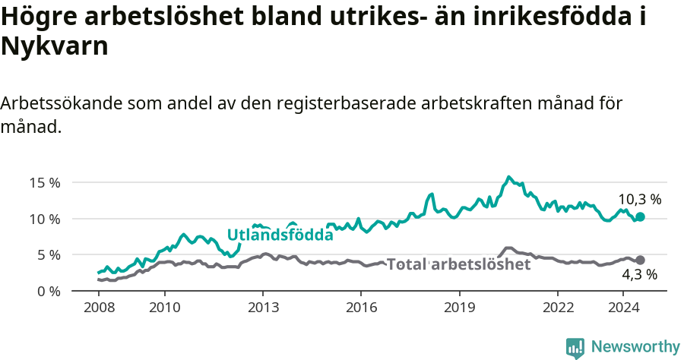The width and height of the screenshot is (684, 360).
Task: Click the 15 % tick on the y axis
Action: (45, 182)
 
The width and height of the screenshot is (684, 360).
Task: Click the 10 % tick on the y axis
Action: (45, 219)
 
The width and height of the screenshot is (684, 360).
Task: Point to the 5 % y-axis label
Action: (48, 254)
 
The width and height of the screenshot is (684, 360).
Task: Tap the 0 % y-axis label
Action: (48, 291)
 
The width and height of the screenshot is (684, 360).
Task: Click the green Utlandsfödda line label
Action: (280, 235)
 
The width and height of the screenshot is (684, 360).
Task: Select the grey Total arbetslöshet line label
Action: (458, 264)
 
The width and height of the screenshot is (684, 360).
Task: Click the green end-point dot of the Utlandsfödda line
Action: (640, 216)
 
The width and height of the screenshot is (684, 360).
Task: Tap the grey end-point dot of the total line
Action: (640, 260)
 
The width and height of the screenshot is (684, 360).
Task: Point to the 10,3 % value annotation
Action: (639, 200)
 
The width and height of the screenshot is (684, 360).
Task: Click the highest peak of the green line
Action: (509, 177)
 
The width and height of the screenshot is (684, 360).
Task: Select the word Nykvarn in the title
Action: (55, 47)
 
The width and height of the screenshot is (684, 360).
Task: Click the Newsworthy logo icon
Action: (575, 347)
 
